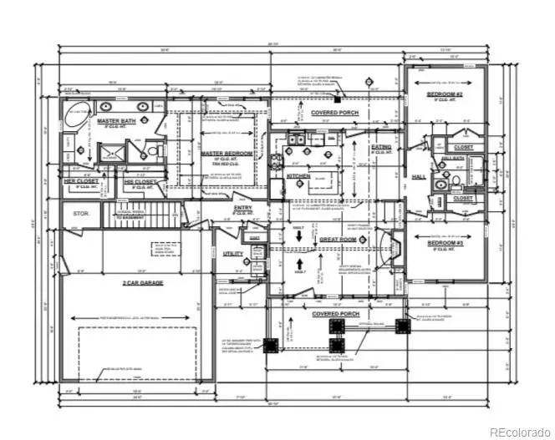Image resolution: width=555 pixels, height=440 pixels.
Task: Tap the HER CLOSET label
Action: tap(81, 180)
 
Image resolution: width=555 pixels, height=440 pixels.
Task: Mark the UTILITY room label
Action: tap(233, 253)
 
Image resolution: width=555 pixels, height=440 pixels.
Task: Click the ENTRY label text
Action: tap(243, 208)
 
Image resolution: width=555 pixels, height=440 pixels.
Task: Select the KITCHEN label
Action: tap(298, 176)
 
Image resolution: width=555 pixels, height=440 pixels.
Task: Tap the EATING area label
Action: tap(381, 147)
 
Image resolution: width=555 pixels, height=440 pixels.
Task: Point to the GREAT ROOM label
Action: tap(338, 240)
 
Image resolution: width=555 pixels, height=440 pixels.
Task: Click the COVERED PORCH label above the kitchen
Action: tap(334, 113)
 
